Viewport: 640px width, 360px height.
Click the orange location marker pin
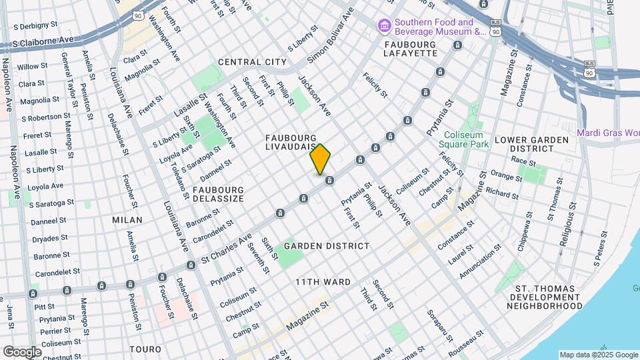click(320, 159)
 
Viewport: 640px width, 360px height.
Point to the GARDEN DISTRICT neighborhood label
click(327, 246)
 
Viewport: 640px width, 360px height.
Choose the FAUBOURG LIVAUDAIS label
click(291, 143)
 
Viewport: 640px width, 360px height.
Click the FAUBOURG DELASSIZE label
click(218, 194)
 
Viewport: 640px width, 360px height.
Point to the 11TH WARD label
click(323, 282)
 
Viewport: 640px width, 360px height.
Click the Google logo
click(22, 351)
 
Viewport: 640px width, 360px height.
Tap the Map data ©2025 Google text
click(598, 355)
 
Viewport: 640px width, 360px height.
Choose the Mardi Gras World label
click(608, 132)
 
